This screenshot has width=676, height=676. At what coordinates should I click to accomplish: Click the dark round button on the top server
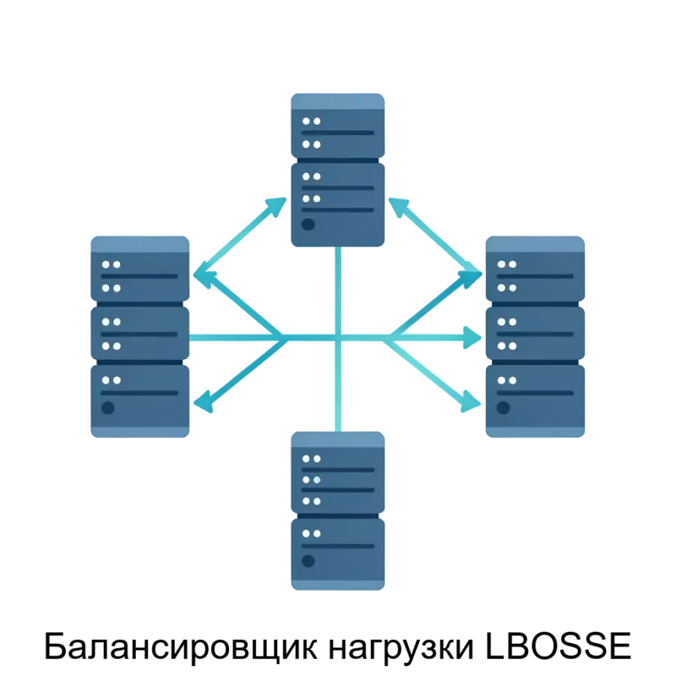307,224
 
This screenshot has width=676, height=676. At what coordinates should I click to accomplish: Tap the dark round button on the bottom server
307,560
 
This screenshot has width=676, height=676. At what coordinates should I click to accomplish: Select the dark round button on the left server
108,408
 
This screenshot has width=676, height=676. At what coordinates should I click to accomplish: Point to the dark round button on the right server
503,408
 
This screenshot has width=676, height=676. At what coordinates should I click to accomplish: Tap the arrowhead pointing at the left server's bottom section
204,404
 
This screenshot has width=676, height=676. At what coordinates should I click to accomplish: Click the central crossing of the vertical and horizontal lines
338,338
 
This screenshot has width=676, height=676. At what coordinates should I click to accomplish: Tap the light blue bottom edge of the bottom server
338,588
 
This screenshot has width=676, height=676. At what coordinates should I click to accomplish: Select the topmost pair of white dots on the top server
311,121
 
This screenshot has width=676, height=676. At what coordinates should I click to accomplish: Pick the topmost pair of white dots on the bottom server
311,458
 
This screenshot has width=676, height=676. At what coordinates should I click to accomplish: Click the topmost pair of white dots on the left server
111,264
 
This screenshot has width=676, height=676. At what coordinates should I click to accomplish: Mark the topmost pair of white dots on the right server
506,264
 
